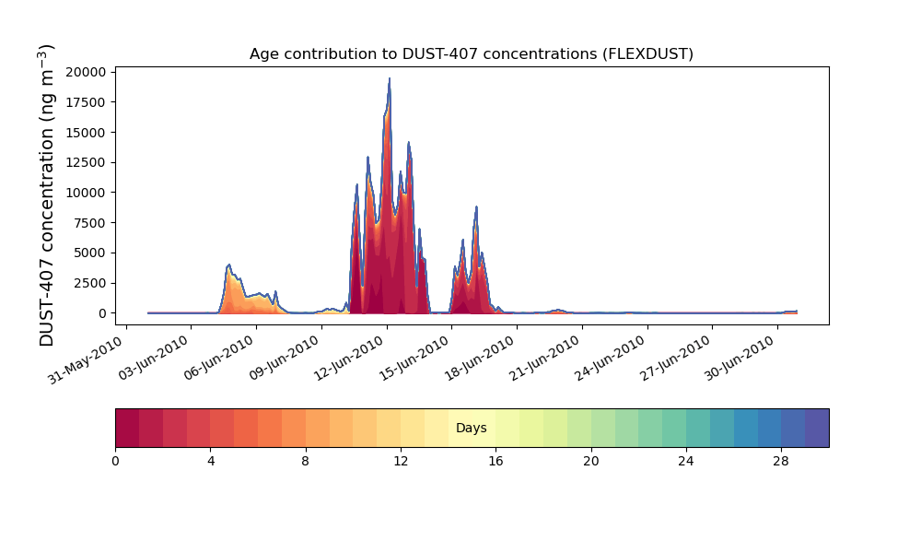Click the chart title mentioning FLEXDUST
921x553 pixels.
471,54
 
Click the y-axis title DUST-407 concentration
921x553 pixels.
46,195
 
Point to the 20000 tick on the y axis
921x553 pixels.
86,72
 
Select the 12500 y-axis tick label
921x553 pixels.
86,163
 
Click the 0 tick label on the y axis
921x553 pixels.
103,313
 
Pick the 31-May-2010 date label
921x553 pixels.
86,359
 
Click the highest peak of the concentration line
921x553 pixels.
389,78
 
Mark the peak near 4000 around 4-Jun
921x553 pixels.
229,265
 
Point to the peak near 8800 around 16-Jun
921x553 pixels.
476,206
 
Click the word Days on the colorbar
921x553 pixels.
471,428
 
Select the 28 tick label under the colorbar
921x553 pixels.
781,462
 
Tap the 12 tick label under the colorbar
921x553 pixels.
401,462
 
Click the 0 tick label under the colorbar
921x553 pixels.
115,462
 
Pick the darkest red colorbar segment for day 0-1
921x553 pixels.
127,428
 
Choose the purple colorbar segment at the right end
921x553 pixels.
817,428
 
